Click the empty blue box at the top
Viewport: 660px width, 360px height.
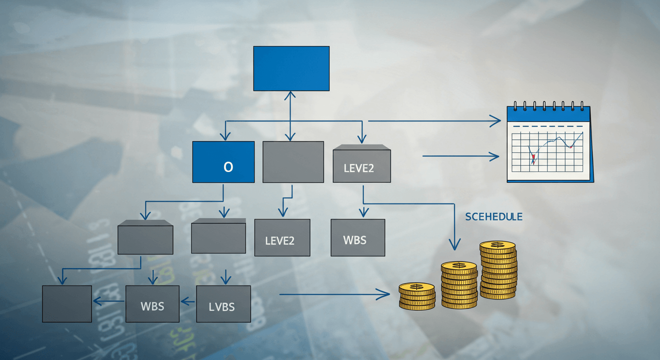point(291,68)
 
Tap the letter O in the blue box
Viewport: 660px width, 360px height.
point(228,167)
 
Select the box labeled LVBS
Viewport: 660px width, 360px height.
point(223,304)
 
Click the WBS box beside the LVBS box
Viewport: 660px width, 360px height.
point(152,304)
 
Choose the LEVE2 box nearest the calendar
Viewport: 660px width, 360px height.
point(361,165)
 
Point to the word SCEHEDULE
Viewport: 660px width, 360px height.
point(494,217)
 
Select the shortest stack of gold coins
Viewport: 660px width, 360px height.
point(417,296)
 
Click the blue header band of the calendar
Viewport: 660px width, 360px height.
point(548,115)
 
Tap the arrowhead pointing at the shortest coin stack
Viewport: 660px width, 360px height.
point(385,294)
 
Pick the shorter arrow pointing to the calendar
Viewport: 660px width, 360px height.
point(460,156)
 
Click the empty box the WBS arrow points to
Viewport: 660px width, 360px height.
point(67,304)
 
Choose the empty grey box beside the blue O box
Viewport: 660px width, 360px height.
point(293,162)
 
